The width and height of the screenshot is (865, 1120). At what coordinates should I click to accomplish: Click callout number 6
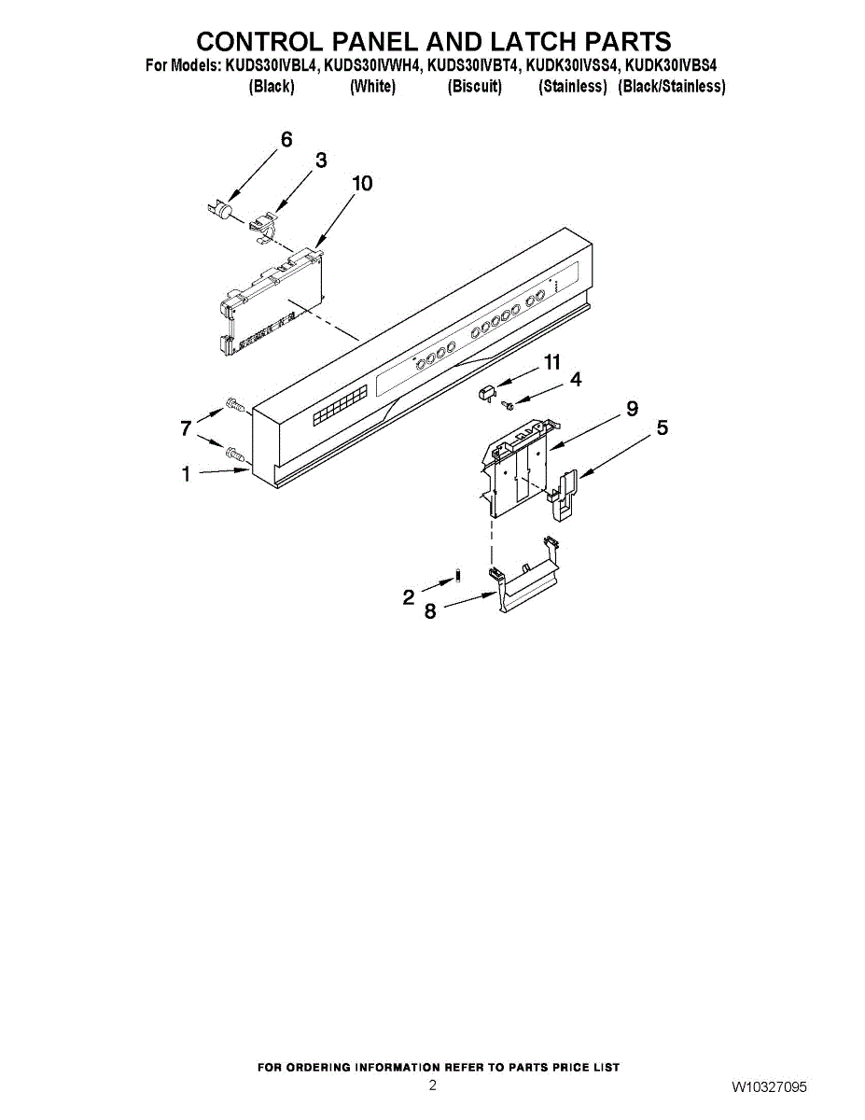(x=286, y=139)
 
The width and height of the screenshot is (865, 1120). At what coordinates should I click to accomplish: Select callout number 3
(x=320, y=161)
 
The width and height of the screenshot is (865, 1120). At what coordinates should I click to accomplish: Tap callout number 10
(x=361, y=183)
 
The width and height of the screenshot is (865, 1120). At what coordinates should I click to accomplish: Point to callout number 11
(x=552, y=361)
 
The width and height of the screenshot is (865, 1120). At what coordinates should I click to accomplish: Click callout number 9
(x=632, y=408)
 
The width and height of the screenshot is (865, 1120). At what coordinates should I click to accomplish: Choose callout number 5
(x=662, y=428)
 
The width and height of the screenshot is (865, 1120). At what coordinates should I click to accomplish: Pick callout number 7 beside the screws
(x=187, y=428)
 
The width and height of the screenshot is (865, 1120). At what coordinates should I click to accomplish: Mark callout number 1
(x=187, y=475)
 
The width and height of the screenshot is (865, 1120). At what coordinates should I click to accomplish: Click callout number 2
(x=409, y=597)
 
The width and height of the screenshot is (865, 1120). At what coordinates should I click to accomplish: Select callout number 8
(x=430, y=612)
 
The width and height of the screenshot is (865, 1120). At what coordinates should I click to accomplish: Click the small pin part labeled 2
(x=457, y=572)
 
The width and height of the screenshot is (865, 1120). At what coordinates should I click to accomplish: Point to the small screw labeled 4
(x=509, y=404)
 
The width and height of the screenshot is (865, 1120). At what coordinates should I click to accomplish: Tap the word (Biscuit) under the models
(x=474, y=87)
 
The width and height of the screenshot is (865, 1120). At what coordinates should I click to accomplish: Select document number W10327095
(x=769, y=1088)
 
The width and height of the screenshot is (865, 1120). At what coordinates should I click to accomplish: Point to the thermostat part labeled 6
(x=219, y=212)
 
